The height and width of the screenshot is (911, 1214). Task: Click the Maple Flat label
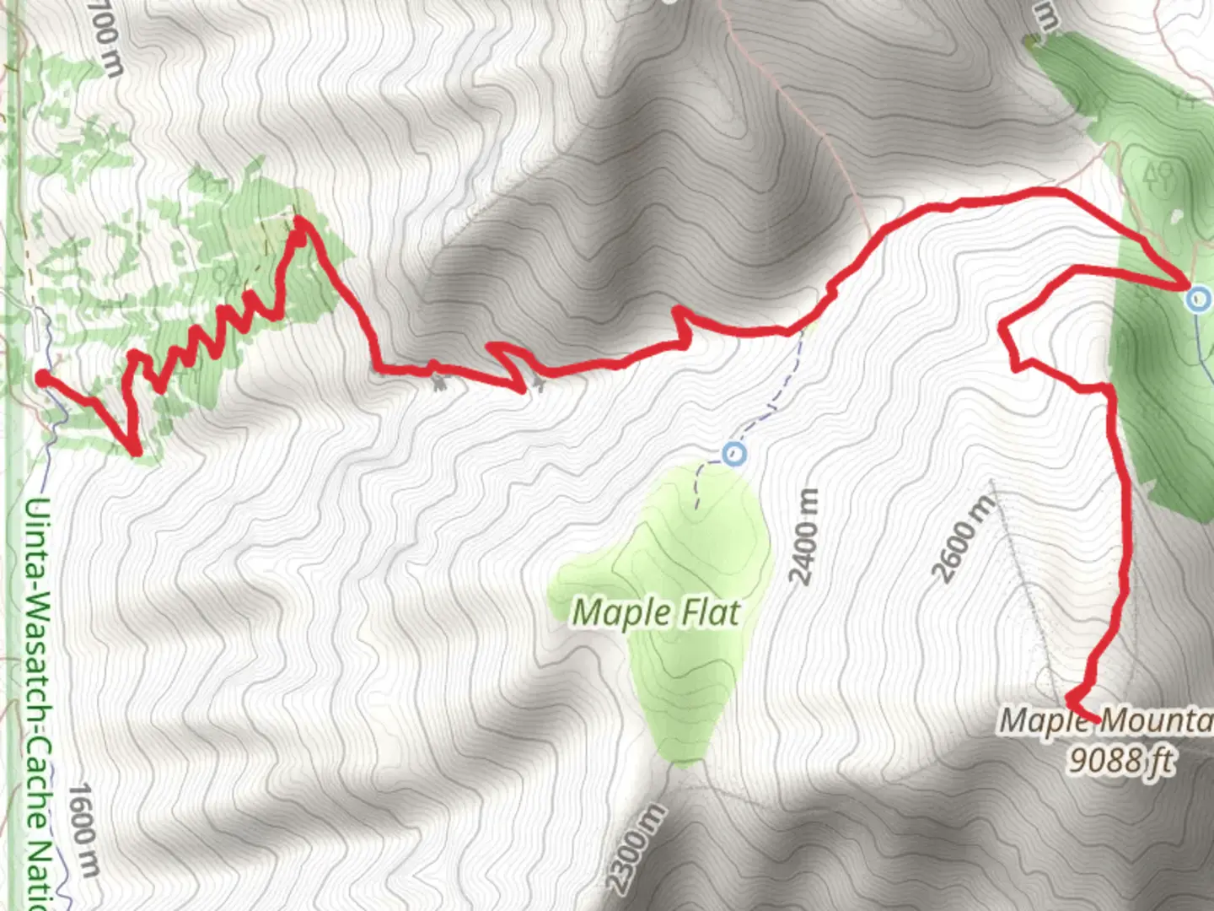[656, 612]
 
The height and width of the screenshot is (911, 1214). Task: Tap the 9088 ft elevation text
[1121, 759]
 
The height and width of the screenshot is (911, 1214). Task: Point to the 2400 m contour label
[805, 536]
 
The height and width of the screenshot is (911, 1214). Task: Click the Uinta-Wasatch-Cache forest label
[35, 700]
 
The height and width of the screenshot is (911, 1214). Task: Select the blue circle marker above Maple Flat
[735, 455]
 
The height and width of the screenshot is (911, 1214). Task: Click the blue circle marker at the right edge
[1198, 299]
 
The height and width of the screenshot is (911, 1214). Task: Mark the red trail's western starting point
[42, 378]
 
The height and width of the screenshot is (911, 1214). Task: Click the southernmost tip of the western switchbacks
[135, 451]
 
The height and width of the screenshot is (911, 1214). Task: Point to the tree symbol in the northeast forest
[1162, 175]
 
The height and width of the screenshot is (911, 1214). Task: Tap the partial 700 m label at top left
[105, 38]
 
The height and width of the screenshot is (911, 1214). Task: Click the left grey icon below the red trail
[438, 384]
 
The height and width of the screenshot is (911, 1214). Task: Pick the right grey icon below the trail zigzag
[538, 385]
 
